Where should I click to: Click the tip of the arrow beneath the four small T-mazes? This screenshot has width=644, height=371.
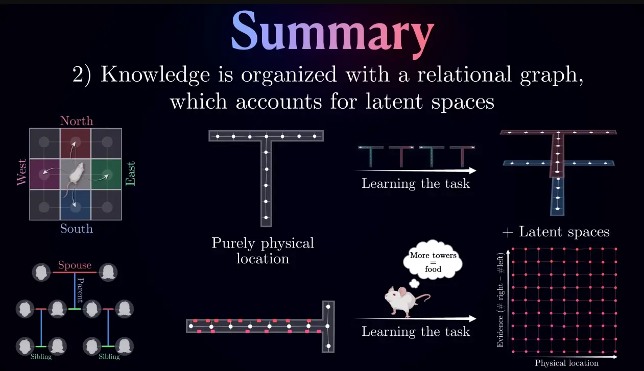476,170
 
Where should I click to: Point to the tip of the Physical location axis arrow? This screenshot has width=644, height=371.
617,357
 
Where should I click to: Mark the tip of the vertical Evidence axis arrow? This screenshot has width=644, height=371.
508,250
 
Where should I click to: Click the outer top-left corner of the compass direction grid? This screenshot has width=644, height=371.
30,129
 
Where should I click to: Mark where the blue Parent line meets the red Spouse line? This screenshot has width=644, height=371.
75,272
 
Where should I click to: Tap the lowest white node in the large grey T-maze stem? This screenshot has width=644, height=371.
266,217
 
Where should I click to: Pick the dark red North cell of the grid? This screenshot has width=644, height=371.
75,143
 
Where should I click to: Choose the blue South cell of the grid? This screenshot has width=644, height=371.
75,205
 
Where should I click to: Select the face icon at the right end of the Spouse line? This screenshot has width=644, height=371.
108,272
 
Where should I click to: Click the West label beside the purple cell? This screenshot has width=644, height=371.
21,172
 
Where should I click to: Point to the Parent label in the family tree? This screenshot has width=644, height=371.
81,290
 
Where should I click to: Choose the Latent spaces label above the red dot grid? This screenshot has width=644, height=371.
564,232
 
